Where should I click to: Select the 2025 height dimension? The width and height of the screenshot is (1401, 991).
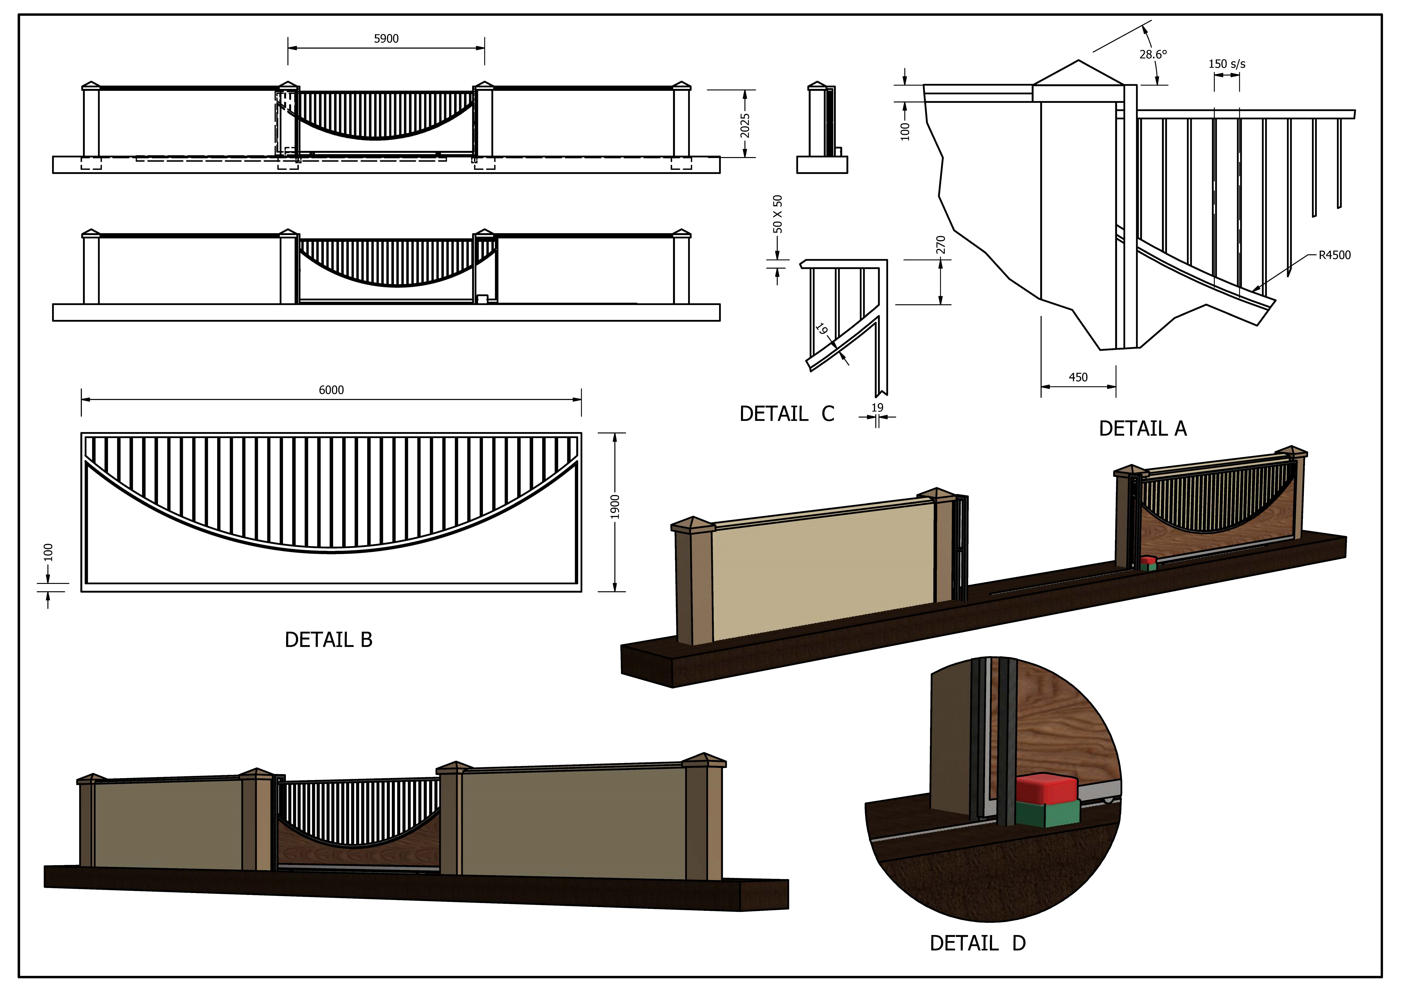(x=744, y=125)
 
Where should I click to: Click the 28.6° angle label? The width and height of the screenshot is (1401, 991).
(x=1153, y=54)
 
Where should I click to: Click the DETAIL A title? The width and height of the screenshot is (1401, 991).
(x=1142, y=429)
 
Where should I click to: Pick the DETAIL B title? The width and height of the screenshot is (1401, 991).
(x=328, y=640)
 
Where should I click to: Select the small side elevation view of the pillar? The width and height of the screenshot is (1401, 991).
(x=821, y=128)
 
